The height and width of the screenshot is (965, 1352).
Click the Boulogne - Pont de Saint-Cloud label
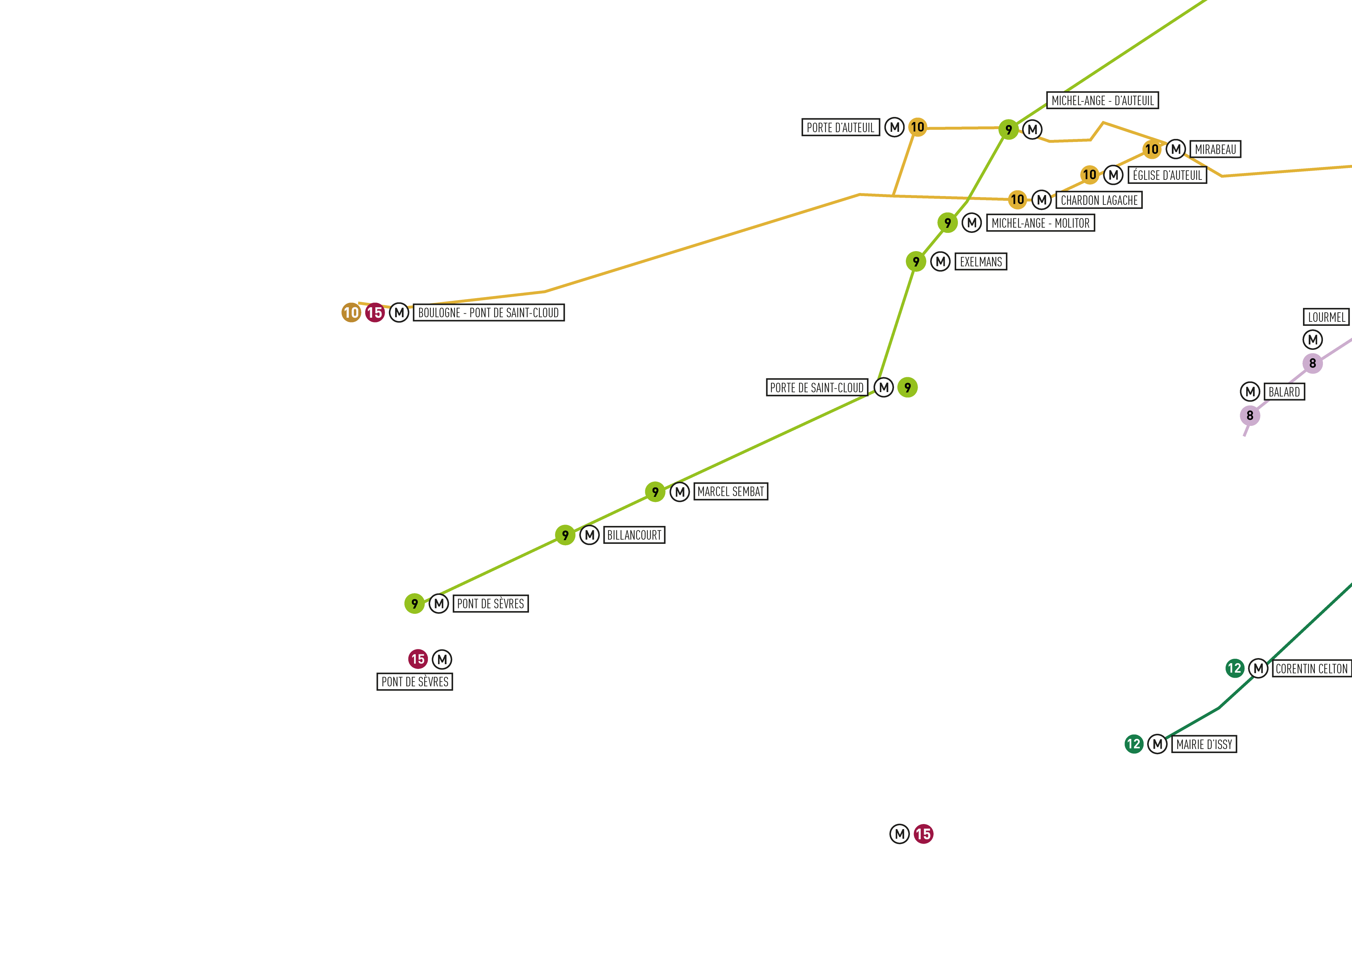click(x=489, y=313)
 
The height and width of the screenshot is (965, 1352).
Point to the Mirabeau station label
click(x=1215, y=149)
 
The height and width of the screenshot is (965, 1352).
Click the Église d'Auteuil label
click(x=1167, y=175)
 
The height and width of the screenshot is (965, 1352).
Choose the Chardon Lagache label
click(x=1099, y=200)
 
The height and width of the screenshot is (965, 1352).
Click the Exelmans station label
click(x=981, y=262)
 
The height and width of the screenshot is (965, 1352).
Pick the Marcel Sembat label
click(x=731, y=491)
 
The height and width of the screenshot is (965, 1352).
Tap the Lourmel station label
click(x=1326, y=317)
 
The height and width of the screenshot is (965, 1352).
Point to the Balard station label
click(x=1284, y=392)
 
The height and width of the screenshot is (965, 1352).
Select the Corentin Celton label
click(x=1311, y=669)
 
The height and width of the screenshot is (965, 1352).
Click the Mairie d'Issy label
click(x=1204, y=744)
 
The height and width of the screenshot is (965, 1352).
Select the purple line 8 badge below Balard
click(x=1250, y=415)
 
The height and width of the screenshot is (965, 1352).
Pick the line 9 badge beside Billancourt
click(x=565, y=535)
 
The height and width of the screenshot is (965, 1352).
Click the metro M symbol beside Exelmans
click(x=940, y=262)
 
